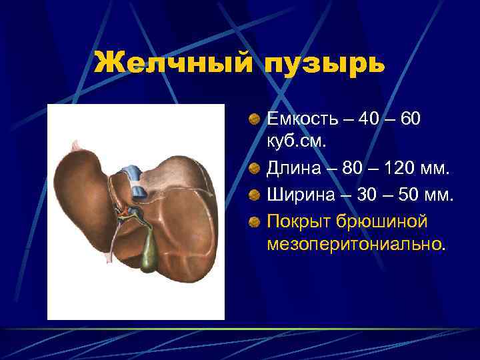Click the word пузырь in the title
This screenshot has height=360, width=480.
[325, 65]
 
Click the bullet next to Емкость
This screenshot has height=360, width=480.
[255, 119]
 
